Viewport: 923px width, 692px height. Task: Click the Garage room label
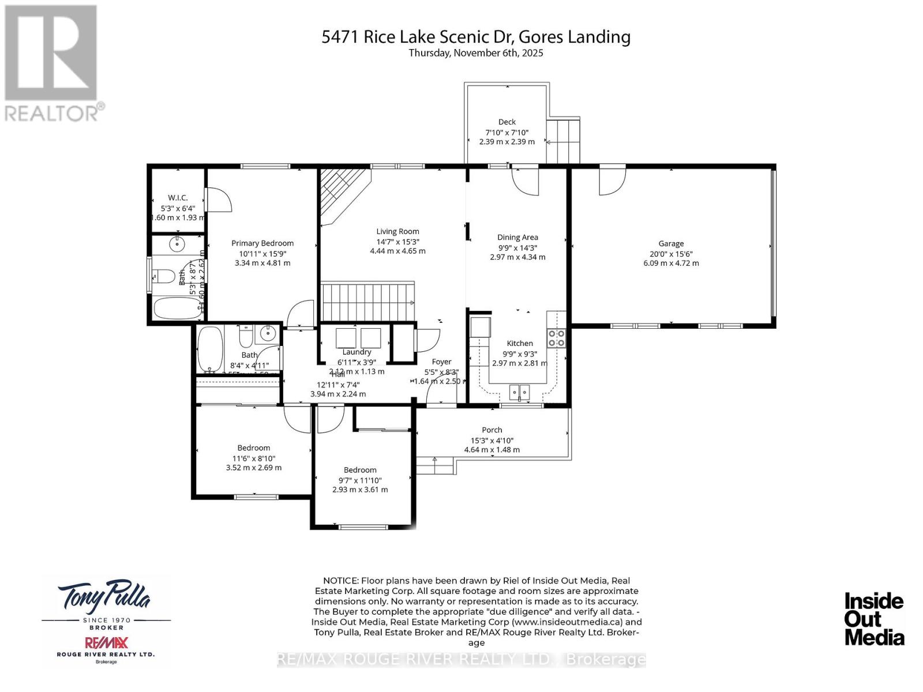coord(671,243)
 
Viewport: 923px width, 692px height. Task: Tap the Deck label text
coord(507,122)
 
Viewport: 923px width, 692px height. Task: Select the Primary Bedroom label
coord(262,243)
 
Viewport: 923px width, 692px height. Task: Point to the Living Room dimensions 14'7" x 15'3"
coord(397,242)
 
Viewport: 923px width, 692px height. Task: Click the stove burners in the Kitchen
coord(556,338)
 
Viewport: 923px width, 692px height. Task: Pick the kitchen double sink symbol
coord(519,392)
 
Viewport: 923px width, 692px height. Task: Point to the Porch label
coord(492,430)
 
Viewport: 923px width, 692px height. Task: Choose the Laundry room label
coord(357,352)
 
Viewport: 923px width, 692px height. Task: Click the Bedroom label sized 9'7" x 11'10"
coord(360,470)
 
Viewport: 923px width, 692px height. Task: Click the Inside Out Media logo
coord(874,619)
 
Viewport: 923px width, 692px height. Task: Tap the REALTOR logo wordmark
coord(55,112)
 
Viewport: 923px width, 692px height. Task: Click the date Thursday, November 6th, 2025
coord(476,53)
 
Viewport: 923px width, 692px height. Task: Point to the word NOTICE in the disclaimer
coord(340,581)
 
